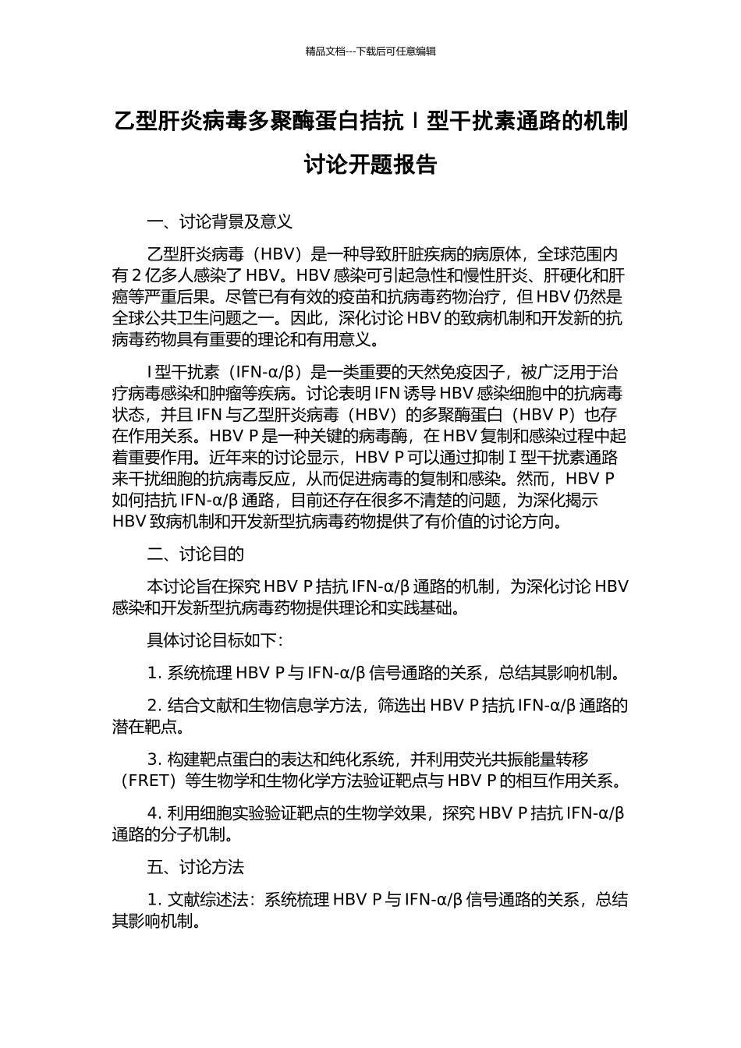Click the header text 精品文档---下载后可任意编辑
click(x=370, y=51)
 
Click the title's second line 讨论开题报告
click(x=370, y=165)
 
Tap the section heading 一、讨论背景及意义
click(x=220, y=221)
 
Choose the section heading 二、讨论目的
click(x=196, y=554)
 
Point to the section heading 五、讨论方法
click(x=196, y=866)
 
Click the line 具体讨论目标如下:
click(x=214, y=640)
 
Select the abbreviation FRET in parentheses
click(x=147, y=780)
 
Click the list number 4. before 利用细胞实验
click(x=154, y=814)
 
